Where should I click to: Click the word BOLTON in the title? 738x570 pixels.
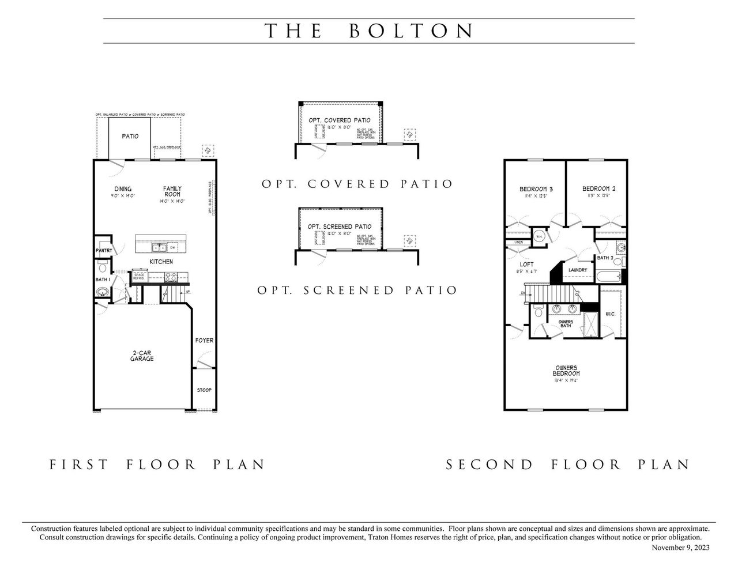coord(412,31)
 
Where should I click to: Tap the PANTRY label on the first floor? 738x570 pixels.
coord(104,251)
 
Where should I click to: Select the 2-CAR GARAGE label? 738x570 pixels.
coord(141,356)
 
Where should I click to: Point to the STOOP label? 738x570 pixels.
coord(204,390)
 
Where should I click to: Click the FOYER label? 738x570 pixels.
coord(204,341)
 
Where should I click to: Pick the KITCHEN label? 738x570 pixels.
coord(161,262)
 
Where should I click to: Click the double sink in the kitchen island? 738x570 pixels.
coord(159,248)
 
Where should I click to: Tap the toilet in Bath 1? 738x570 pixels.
coord(102,268)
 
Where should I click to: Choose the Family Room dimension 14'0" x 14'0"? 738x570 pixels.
coord(172,202)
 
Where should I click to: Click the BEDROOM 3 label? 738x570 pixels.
coord(536,189)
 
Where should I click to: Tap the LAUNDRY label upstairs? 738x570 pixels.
coord(577,270)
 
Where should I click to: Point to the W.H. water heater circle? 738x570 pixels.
coord(539,236)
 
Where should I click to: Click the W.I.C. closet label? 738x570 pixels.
coord(610,314)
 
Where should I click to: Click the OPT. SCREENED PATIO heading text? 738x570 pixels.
coord(357,290)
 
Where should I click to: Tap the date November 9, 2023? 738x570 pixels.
coord(680,548)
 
